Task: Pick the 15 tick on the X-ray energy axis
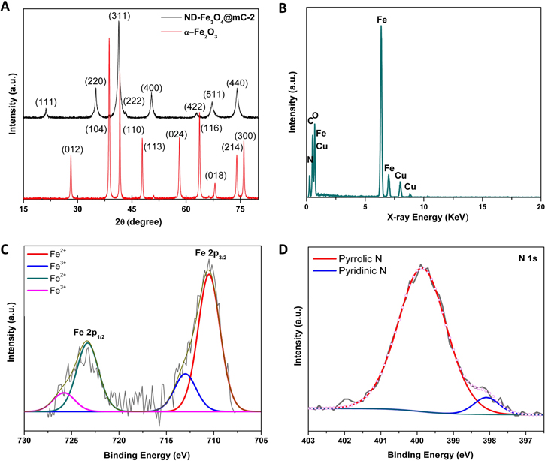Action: [483, 206]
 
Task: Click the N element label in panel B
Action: [309, 159]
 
